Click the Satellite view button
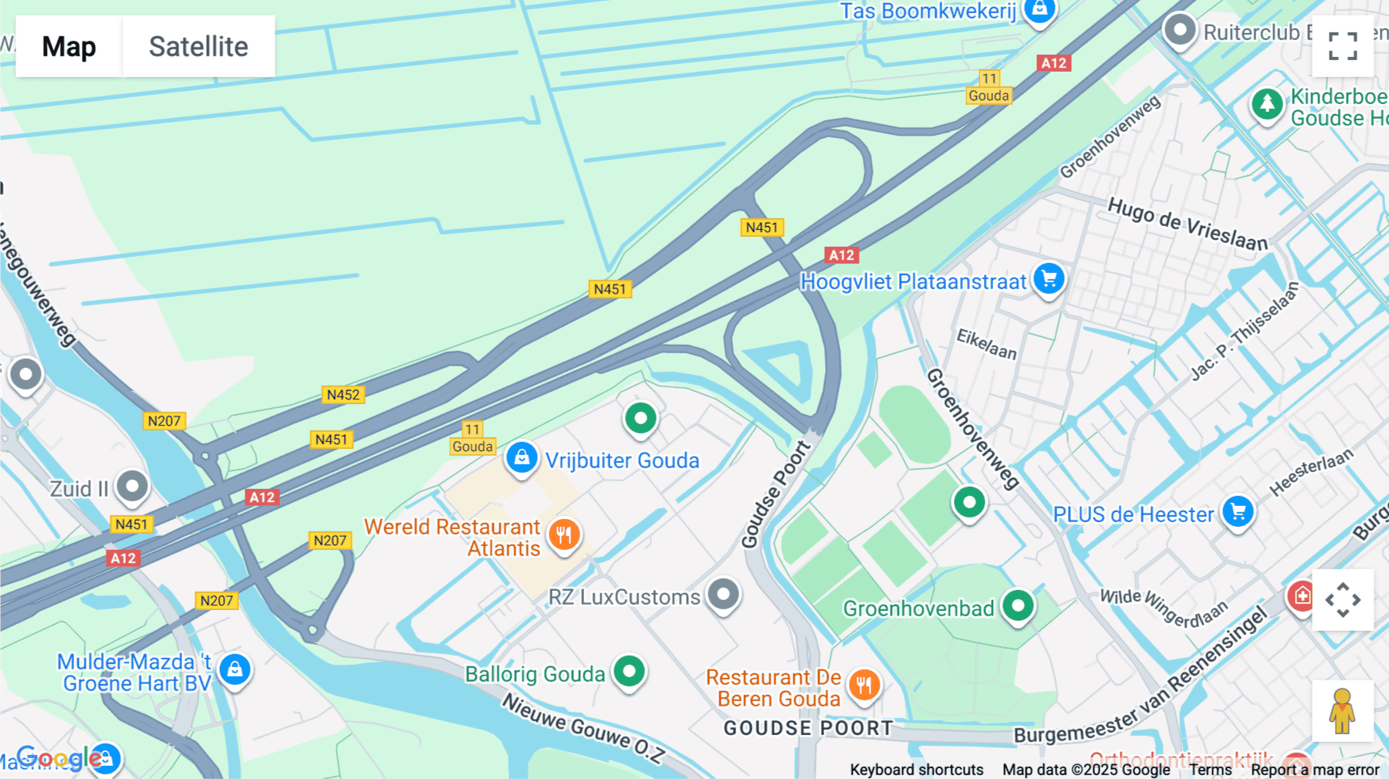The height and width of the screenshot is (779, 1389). [x=198, y=46]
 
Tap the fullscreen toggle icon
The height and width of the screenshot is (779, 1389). [x=1343, y=46]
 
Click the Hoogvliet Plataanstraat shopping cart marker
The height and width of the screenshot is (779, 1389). [x=1049, y=279]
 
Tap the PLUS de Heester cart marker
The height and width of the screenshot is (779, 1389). [x=1238, y=512]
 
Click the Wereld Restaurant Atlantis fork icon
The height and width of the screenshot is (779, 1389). [x=564, y=535]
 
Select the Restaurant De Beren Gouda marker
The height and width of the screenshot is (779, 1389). [x=863, y=685]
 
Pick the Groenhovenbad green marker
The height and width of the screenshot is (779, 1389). [x=1018, y=606]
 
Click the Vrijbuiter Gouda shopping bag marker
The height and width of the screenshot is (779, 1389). [x=522, y=458]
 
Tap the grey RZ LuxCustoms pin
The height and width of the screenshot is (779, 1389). [x=723, y=595]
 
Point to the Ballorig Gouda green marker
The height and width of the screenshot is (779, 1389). [x=629, y=672]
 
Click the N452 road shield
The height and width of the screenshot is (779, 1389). [x=343, y=395]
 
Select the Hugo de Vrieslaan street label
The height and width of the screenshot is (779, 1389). [x=1187, y=224]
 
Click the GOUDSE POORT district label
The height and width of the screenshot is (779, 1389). [x=808, y=728]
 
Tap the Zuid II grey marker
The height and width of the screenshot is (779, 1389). [x=132, y=487]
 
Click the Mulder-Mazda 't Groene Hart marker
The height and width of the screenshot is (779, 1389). [x=235, y=669]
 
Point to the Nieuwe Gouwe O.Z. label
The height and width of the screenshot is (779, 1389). [x=583, y=728]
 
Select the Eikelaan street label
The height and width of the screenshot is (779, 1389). [x=986, y=344]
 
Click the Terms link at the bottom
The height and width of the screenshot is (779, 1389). [x=1210, y=770]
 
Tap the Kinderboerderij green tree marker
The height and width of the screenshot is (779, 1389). [x=1266, y=103]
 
